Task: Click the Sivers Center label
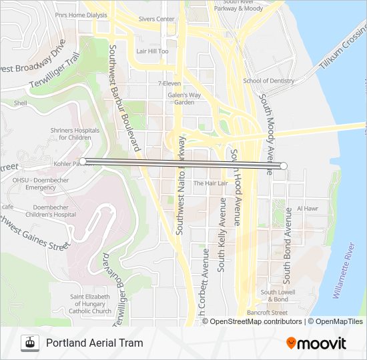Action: (156, 19)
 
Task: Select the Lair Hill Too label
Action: (152, 51)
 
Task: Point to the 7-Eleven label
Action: (169, 83)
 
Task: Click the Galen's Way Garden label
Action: (184, 99)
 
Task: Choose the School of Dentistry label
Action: (268, 81)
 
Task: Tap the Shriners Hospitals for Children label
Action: (71, 134)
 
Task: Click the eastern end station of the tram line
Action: (284, 165)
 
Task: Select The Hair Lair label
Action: (210, 183)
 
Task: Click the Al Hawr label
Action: (308, 209)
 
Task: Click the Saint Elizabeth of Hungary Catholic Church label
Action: (91, 304)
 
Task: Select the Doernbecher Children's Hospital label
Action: (46, 211)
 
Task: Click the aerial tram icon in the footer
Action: (29, 343)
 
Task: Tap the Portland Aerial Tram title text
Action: (94, 343)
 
